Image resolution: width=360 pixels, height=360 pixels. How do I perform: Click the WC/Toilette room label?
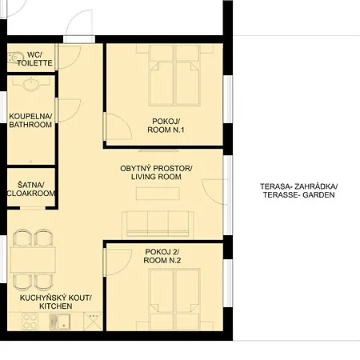(x=34, y=59)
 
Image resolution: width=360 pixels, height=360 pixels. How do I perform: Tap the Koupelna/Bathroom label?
(x=30, y=121)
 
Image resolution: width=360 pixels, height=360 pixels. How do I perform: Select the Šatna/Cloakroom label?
(x=31, y=189)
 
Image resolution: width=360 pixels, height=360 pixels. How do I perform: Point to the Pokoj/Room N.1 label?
(x=166, y=126)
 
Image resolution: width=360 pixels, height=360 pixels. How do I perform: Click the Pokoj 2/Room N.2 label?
(x=162, y=256)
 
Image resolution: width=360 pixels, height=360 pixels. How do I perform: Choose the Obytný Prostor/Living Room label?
(x=156, y=173)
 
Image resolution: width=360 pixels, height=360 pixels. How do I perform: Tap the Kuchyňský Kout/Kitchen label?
(x=56, y=302)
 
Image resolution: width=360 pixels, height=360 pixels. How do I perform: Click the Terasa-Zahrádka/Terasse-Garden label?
(x=299, y=190)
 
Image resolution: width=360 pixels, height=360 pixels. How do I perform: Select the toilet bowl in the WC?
(x=15, y=58)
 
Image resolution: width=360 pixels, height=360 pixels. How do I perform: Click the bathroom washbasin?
(x=31, y=84)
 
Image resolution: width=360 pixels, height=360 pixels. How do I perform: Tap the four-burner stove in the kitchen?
(x=30, y=321)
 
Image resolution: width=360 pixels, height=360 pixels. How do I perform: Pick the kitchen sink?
(x=60, y=322)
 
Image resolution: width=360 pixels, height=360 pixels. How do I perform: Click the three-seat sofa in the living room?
(x=158, y=224)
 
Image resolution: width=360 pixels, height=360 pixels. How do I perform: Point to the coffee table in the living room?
(x=158, y=194)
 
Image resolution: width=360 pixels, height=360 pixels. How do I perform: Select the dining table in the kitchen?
(x=33, y=260)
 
